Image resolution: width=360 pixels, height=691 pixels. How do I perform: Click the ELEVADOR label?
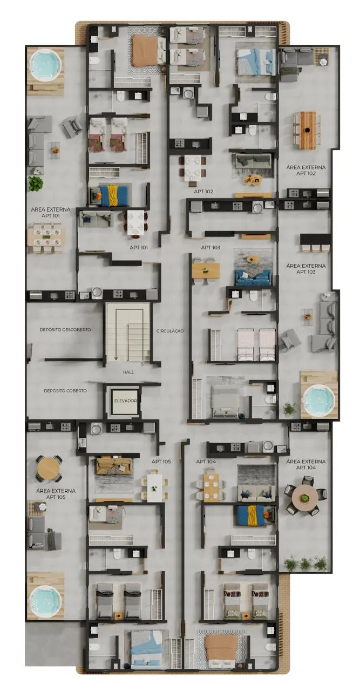(125, 401)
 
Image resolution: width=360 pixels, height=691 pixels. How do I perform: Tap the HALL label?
(128, 372)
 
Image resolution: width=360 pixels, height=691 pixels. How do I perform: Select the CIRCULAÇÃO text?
(170, 331)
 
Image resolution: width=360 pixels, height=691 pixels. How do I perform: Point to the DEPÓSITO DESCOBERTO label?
(65, 329)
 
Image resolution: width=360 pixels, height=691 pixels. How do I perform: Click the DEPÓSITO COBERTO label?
(65, 390)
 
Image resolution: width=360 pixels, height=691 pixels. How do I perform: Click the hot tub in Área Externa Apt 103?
(319, 400)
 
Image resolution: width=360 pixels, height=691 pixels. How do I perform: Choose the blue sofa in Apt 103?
(253, 277)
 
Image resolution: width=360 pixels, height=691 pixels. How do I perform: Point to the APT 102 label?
(203, 192)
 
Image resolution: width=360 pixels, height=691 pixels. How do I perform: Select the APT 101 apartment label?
(139, 247)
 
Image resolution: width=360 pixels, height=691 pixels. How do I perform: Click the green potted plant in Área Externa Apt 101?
(36, 184)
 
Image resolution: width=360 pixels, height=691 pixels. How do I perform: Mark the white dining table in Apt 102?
(193, 168)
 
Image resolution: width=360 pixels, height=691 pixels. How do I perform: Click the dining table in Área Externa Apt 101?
(46, 237)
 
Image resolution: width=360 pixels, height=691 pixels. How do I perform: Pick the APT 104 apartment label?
(206, 462)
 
